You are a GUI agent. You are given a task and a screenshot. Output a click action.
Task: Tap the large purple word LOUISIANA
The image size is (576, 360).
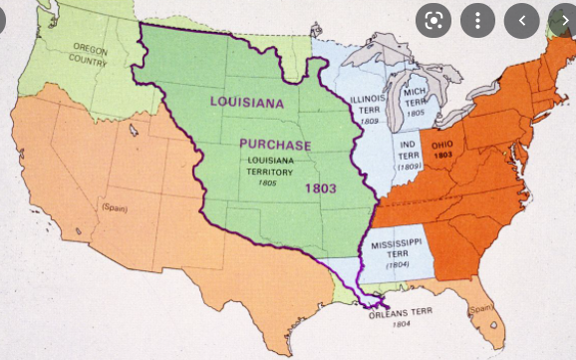pos(248,102)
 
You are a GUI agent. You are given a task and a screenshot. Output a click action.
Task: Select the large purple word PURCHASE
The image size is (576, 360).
pos(275,145)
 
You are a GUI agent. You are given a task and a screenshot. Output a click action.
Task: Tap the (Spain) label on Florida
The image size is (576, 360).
pos(481,308)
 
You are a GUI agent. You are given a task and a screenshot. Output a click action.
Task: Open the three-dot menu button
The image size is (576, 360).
pos(478,20)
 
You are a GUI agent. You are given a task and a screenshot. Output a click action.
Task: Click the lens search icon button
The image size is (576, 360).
pos(433,20)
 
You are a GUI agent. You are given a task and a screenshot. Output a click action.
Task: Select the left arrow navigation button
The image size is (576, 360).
pos(522,20)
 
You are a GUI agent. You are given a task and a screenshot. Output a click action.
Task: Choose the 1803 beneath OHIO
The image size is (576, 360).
pos(443,157)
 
